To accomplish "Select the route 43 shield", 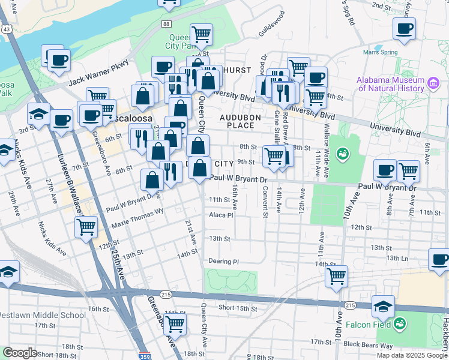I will click(6, 29).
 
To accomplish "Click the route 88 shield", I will click(166, 23).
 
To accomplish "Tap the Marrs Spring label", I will click(380, 52).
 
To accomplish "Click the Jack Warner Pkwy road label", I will click(99, 71).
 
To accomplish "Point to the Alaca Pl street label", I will click(220, 215).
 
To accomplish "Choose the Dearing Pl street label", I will click(224, 262).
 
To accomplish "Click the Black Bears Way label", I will click(360, 346).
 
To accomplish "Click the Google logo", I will click(20, 353).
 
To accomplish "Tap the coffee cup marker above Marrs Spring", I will click(404, 28).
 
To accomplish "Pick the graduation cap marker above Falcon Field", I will click(383, 305).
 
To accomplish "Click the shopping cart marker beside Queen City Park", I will click(202, 34).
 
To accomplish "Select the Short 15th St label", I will click(238, 308).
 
